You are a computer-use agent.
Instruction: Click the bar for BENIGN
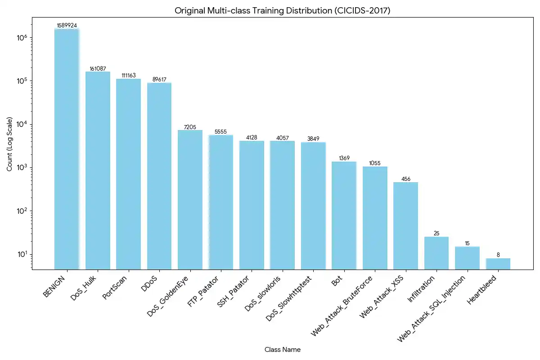67,148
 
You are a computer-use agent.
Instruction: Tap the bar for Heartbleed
498,264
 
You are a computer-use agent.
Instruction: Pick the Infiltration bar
436,253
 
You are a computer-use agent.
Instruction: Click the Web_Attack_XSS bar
405,225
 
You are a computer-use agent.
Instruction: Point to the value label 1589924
67,26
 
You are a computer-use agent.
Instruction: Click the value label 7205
190,127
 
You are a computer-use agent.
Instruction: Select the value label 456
405,179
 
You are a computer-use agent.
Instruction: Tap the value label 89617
159,80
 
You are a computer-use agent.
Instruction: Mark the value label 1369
344,158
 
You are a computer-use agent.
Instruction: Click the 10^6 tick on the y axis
22,38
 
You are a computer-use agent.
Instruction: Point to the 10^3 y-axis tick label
22,168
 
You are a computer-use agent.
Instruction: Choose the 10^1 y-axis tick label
22,254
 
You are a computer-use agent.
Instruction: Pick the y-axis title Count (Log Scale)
10,144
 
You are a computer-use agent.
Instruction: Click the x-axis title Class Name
283,350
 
